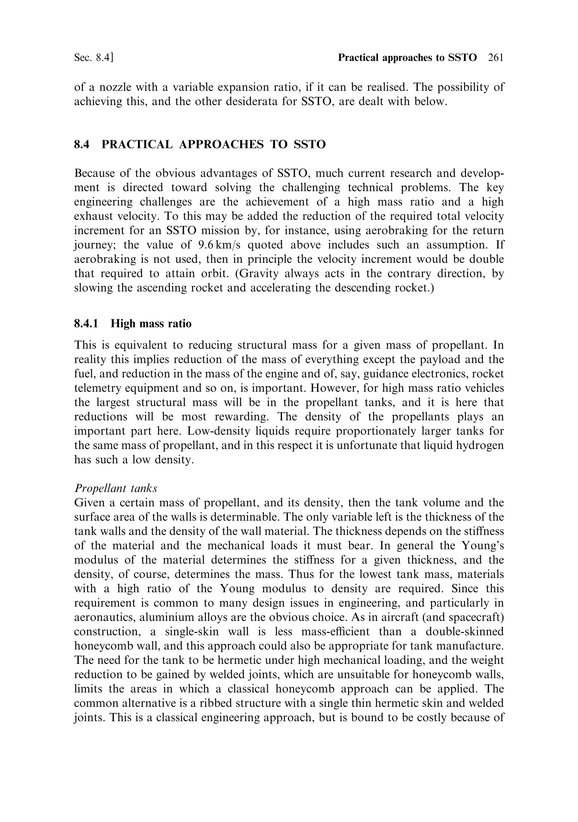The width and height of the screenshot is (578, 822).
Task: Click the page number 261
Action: [496, 58]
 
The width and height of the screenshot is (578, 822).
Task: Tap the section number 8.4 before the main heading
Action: [82, 144]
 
